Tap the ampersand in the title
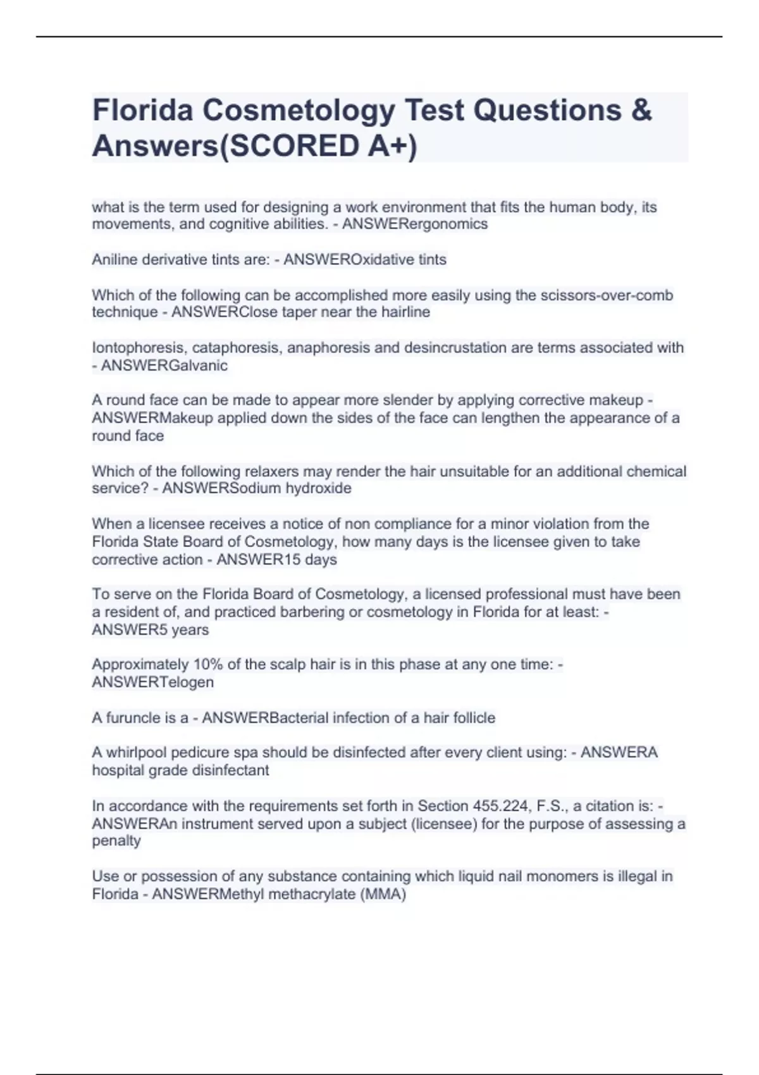pos(641,110)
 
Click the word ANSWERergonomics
pos(415,224)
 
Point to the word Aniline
pos(113,259)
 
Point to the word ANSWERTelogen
pos(153,682)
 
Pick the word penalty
pos(116,841)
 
